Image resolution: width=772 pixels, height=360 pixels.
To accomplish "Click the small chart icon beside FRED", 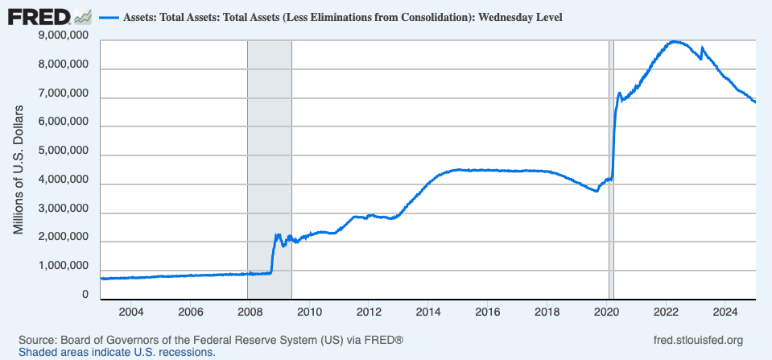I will pos(82,15).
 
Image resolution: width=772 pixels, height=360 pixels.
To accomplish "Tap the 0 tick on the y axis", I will pos(85,296).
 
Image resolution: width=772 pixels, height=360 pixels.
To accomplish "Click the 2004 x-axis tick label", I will pos(130,312).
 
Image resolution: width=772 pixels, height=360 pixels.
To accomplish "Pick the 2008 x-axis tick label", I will pos(250,312).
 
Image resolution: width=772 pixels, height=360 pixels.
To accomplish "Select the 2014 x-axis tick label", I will pos(428,312).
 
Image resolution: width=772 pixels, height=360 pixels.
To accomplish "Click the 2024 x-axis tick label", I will pos(725,312).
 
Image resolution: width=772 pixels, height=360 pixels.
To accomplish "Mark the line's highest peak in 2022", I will pos(675,41).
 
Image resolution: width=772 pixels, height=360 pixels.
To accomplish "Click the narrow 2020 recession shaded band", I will pos(611,161).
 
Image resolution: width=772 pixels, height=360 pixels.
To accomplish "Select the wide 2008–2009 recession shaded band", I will pos(269,161).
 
